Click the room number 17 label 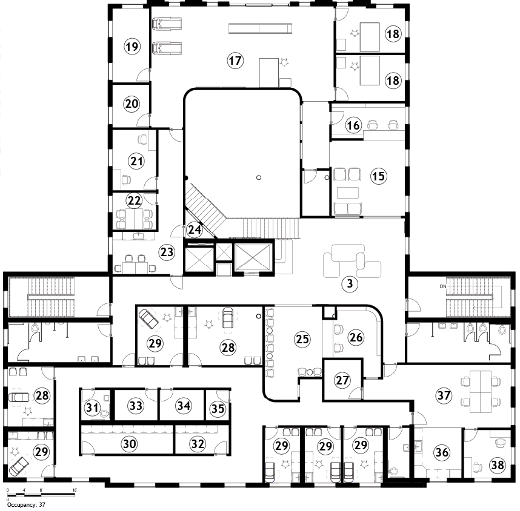coord(235,61)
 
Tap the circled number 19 coord(132,47)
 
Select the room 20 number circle coord(132,104)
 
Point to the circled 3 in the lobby coord(350,284)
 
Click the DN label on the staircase coord(443,286)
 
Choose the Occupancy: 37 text coord(26,505)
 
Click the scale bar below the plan coord(41,495)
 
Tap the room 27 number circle coord(342,380)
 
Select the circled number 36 coord(442,452)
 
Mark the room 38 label coord(498,465)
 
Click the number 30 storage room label coord(129,443)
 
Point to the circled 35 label coord(218,408)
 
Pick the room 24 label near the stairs coord(195,229)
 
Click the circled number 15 coord(378,176)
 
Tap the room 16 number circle coord(353,125)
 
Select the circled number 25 coord(302,339)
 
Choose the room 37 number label coord(444,395)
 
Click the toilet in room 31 coord(105,414)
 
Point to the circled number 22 coord(135,200)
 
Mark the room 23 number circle coord(167,252)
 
